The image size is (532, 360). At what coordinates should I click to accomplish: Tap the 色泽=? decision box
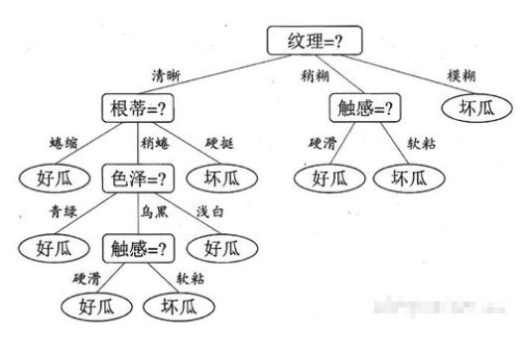138,179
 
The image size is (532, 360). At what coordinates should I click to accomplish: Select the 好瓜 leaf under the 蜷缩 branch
48,179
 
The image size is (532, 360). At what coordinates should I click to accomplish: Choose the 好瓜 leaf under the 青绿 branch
48,246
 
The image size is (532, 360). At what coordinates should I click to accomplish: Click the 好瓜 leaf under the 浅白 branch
226,246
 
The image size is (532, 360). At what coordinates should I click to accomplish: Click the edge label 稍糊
317,75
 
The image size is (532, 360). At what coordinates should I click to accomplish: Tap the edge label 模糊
463,75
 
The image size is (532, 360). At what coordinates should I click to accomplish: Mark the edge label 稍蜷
157,143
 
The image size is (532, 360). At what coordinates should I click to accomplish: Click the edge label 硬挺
221,143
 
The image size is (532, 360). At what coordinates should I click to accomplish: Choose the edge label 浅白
209,211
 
